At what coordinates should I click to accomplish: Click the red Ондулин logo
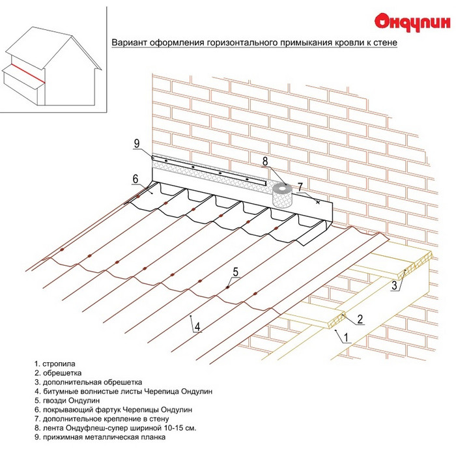point(412,22)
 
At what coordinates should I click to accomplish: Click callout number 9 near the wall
point(137,143)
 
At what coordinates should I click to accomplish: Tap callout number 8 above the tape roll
point(265,162)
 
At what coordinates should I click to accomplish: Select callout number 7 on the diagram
point(300,187)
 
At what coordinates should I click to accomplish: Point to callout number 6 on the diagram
point(135,179)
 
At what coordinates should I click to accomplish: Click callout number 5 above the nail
point(236,272)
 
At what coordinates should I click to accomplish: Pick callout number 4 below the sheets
point(197,327)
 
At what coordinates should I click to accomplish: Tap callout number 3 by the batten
point(394,285)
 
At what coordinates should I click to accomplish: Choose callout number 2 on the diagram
point(360,319)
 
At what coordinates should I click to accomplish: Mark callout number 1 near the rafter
point(346,337)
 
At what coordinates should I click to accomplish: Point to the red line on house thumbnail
point(28,73)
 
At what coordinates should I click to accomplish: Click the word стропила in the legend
point(59,364)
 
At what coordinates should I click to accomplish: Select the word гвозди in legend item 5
point(55,401)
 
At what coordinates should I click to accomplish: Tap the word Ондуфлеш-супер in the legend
point(113,428)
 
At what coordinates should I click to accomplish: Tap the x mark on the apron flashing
point(318,202)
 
